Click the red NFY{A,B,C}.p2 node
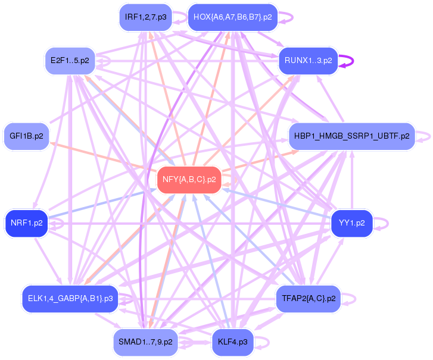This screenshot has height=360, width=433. coord(189,180)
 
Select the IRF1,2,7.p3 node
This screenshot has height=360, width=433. coord(145,17)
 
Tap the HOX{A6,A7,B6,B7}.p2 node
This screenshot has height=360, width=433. coord(232,17)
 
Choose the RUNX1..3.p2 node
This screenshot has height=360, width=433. coord(308,61)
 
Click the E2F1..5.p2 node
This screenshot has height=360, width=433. coord(70,61)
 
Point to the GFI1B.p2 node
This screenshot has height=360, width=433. coord(27,136)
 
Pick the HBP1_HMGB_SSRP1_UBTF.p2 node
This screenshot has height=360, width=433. coord(352,136)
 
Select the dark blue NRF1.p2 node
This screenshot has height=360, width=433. coord(27,223)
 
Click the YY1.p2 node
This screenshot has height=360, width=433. coord(352,223)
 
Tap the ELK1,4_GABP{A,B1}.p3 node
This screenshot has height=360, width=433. coord(70,299)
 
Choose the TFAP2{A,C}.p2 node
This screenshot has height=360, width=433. coord(309,299)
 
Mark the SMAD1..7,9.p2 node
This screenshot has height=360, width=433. coord(145,342)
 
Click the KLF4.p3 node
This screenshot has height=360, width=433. coord(233,342)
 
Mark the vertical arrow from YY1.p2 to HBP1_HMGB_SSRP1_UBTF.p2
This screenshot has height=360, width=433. coord(352,180)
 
